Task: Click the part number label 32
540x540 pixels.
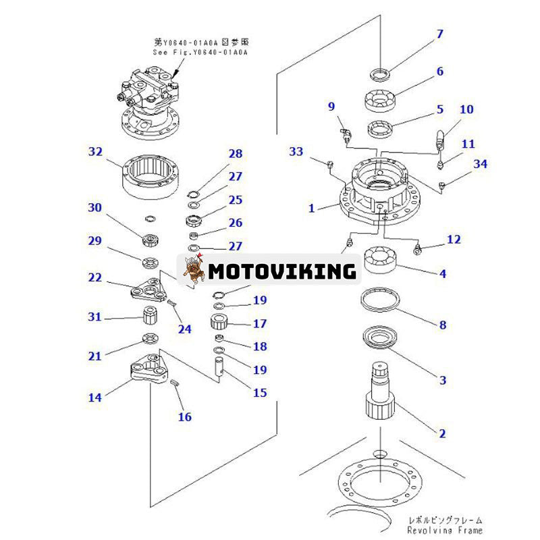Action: [95, 153]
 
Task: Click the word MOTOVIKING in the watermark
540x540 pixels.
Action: [282, 271]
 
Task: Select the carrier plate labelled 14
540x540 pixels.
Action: [150, 370]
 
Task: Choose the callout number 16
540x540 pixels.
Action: [185, 416]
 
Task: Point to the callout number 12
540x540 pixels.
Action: [453, 240]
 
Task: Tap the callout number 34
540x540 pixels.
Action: [480, 163]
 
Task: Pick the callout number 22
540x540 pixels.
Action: [95, 277]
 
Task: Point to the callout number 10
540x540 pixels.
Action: [467, 109]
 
